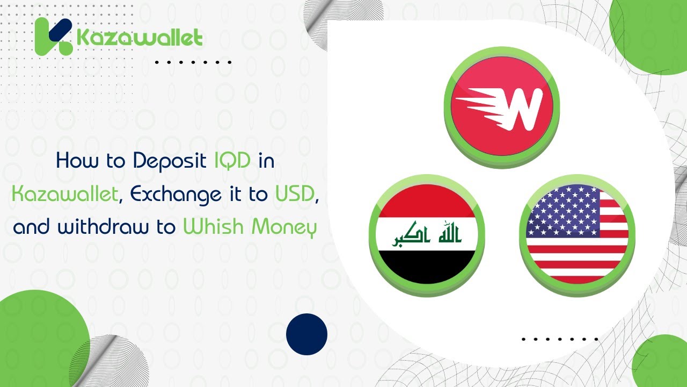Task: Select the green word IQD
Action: (232, 161)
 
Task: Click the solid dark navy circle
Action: (306, 334)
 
